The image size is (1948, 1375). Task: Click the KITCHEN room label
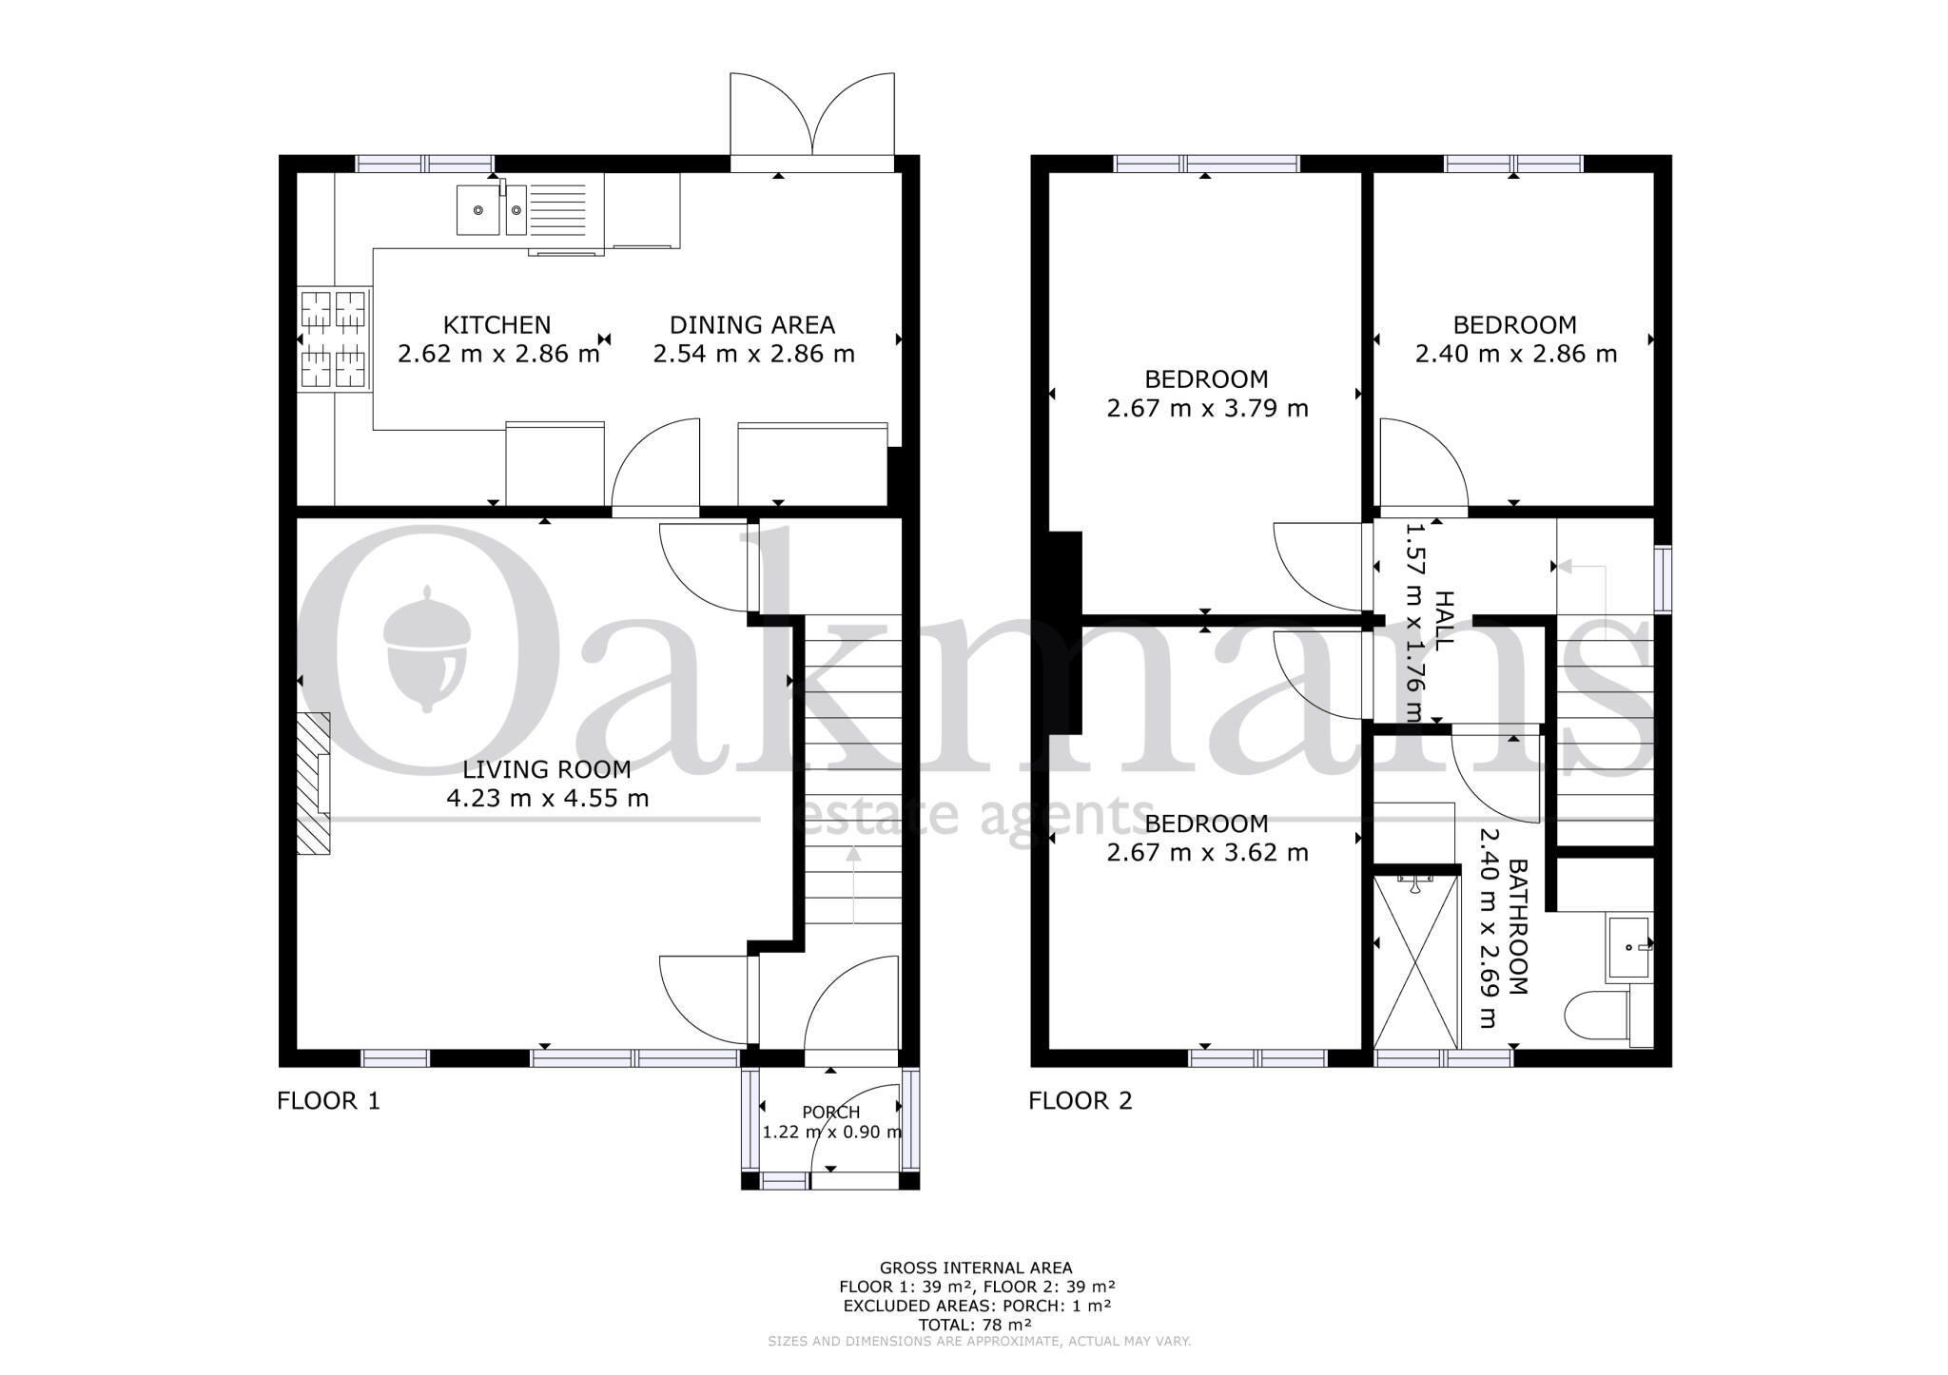pyautogui.click(x=497, y=325)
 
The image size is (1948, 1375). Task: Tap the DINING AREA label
pyautogui.click(x=751, y=325)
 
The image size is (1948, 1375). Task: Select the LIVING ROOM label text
pyautogui.click(x=547, y=769)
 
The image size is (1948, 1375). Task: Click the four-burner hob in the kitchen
pyautogui.click(x=333, y=339)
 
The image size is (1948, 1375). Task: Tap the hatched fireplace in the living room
pyautogui.click(x=314, y=784)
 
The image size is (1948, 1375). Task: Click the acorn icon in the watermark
pyautogui.click(x=427, y=647)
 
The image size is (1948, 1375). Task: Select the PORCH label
pyautogui.click(x=830, y=1113)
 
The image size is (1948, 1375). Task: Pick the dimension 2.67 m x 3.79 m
pyautogui.click(x=1207, y=409)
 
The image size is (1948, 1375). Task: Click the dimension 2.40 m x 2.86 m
pyautogui.click(x=1515, y=354)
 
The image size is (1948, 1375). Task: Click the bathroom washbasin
pyautogui.click(x=1629, y=947)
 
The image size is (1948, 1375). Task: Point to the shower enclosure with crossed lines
pyautogui.click(x=1416, y=960)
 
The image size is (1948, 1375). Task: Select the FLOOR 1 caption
pyautogui.click(x=328, y=1101)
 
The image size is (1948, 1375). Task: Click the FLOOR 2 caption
pyautogui.click(x=1081, y=1101)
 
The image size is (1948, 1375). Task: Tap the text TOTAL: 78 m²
pyautogui.click(x=975, y=1325)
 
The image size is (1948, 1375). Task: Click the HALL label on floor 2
pyautogui.click(x=1443, y=619)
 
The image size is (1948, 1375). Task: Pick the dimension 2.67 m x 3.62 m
pyautogui.click(x=1207, y=853)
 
